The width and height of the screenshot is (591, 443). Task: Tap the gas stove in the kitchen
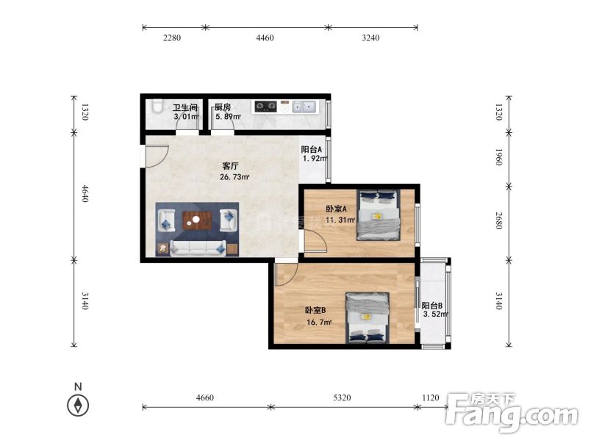pos(265,107)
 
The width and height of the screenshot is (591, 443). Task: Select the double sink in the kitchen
pos(304,107)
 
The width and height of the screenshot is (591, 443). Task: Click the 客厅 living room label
pos(230,166)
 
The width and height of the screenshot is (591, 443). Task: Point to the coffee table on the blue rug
pos(196,220)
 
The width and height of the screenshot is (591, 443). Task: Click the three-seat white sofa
pos(198,248)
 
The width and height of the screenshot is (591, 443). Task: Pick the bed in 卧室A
pos(378,215)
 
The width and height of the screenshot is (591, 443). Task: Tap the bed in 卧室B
pos(368,317)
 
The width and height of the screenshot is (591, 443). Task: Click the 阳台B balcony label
pos(432,306)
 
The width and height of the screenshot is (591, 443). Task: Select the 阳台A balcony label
pos(312,149)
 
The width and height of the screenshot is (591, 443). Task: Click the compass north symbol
pos(78,406)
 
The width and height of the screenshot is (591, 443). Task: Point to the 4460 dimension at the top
pos(265,37)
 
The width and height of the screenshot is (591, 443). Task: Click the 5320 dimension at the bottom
pos(342,397)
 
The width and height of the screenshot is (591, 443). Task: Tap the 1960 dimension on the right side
pos(499,157)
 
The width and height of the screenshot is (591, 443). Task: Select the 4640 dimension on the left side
pos(85,193)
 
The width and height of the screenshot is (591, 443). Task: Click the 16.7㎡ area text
pos(319,322)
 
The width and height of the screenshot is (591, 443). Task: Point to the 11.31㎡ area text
pos(340,220)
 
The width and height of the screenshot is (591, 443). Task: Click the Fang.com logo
pos(511,412)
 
